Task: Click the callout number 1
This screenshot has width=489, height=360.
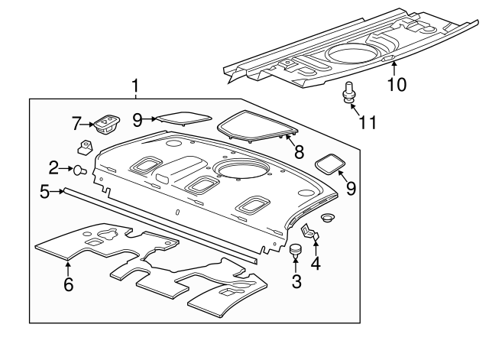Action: coord(135,86)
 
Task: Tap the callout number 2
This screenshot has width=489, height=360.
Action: coord(53,167)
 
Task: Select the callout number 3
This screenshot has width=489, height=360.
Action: coord(296,281)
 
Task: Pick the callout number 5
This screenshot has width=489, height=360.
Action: coord(45,192)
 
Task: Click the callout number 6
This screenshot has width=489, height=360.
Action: coord(68,284)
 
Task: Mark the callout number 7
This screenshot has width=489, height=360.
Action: coord(76,122)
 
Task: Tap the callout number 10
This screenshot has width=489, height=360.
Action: coord(396,83)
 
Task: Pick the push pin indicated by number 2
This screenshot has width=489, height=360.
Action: coord(78,168)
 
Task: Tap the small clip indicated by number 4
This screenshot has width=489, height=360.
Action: coord(309,232)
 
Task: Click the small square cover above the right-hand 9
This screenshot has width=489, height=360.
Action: coord(331,164)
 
